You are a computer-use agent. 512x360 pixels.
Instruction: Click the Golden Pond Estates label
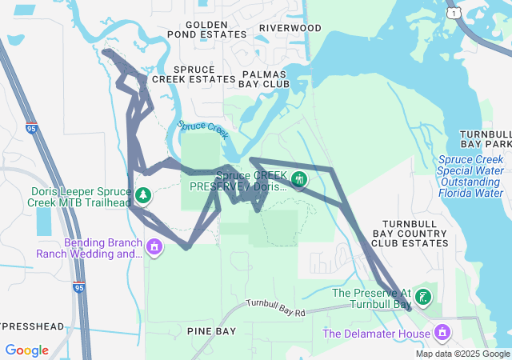207,29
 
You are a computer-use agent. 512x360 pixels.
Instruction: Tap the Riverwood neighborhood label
290,29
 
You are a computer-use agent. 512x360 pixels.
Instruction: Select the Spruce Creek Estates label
205,74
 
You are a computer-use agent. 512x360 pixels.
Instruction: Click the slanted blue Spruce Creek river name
203,126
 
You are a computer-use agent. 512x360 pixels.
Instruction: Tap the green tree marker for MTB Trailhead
143,194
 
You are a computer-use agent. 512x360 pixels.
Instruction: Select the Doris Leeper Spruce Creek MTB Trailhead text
79,198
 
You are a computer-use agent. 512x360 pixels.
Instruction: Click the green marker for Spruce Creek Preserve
299,179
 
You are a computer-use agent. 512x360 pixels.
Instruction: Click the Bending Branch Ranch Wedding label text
88,248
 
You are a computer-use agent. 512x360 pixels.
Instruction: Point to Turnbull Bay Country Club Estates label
414,232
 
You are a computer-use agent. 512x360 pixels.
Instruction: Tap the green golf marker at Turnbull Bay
423,298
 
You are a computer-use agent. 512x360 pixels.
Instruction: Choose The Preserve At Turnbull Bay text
371,298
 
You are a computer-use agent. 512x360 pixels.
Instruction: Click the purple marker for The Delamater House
441,332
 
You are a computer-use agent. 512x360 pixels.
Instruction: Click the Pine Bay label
211,330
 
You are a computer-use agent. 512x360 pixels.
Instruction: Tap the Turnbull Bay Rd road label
276,309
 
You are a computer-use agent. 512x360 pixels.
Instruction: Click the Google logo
26,350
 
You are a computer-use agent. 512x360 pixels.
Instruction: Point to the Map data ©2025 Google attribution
462,354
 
